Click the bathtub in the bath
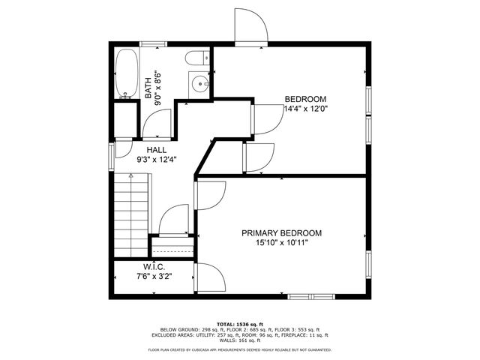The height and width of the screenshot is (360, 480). coord(126,74)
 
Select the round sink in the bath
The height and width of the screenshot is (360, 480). coord(200,84)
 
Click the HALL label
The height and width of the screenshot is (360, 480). coord(146,150)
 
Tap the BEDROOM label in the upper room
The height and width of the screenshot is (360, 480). coord(305,99)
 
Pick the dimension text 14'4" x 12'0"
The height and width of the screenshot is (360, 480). coord(305,109)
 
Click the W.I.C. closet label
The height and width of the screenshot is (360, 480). coord(154,267)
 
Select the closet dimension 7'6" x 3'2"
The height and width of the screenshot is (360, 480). coord(154,277)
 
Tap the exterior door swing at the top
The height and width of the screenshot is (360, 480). coord(250,28)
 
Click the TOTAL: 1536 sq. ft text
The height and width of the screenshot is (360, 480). coord(240,322)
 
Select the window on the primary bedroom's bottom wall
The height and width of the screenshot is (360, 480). coord(309,295)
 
